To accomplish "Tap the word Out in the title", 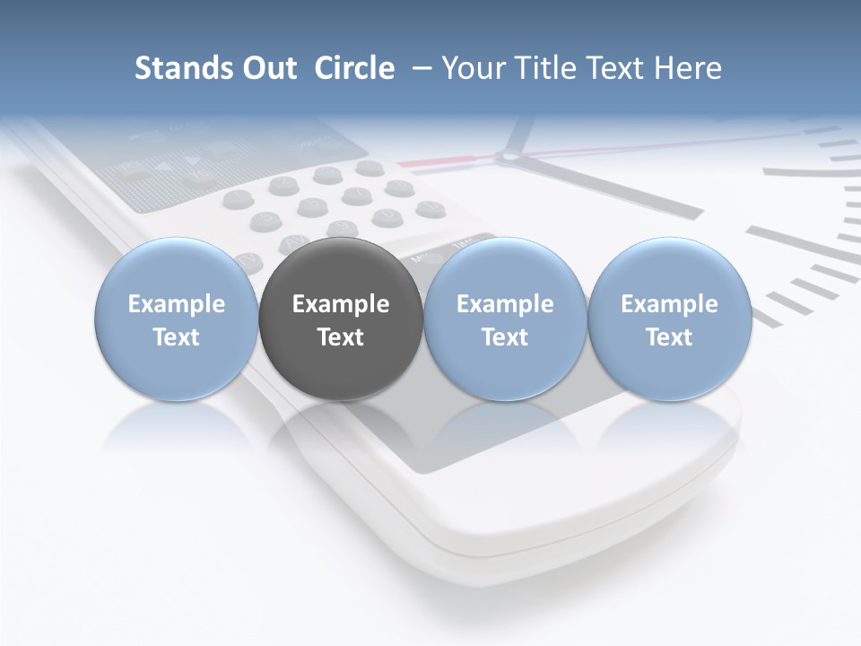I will click(267, 68).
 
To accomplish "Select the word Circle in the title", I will click(354, 68).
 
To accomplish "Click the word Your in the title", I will click(473, 68).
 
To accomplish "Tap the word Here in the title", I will click(687, 68).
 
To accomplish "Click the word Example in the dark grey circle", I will click(341, 304).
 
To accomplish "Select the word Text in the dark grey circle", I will click(341, 337).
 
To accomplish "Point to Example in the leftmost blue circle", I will click(177, 304).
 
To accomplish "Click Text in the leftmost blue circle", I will click(177, 337).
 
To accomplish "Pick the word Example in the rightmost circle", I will click(669, 304).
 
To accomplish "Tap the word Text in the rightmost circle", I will click(669, 337).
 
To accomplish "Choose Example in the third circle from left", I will click(505, 304).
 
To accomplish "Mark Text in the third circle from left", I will click(505, 337).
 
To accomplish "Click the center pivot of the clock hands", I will click(509, 157).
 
